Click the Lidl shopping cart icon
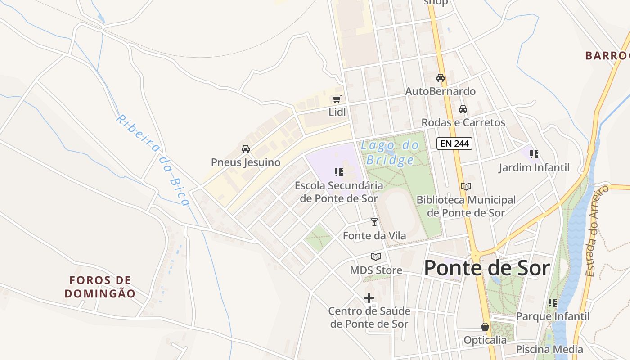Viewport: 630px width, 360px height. pos(337,99)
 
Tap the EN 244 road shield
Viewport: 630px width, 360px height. pos(454,144)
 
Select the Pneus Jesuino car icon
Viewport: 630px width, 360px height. pos(246,149)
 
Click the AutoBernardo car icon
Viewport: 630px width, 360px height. pos(441,78)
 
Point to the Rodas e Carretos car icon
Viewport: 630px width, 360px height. pos(463,109)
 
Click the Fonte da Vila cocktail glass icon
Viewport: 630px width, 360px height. pos(374,222)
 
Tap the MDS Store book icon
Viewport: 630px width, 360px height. pos(376,256)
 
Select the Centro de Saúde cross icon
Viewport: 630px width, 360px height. pos(369,297)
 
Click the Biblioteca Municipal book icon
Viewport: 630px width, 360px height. pos(466,186)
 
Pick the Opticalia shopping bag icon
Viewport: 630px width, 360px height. pos(485,327)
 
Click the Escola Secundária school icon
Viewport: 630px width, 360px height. pos(339,172)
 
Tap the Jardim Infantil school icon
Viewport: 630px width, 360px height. pos(534,154)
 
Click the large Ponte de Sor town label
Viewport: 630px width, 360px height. pos(487,268)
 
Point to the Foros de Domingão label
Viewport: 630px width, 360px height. pos(100,287)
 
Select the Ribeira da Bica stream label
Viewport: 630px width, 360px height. pos(153,160)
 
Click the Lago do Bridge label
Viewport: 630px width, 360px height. pos(390,153)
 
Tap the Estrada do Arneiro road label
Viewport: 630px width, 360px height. pos(598,231)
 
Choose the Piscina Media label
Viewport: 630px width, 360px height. pos(549,349)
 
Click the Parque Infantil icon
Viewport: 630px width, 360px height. pos(553,303)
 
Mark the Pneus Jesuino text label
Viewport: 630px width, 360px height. pos(246,162)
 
